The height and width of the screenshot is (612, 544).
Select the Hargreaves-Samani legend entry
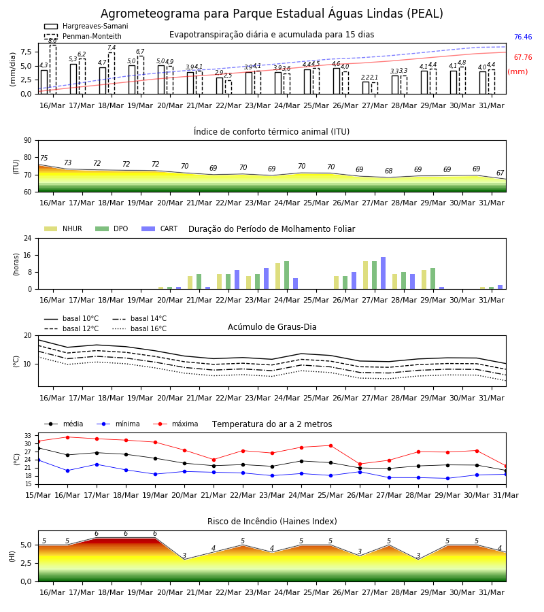[86, 26]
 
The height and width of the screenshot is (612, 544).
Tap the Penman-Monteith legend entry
[83, 36]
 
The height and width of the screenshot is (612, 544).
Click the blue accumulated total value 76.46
[523, 37]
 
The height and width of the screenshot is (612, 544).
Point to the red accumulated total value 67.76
[523, 57]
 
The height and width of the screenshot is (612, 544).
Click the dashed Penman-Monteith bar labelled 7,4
[112, 73]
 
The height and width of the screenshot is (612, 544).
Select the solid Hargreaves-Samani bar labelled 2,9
[220, 86]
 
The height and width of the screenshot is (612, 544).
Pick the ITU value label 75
[44, 158]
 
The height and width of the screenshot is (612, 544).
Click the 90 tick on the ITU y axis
[28, 141]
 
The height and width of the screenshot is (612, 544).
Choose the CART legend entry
[160, 228]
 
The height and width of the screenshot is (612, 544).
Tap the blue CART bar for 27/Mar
[384, 273]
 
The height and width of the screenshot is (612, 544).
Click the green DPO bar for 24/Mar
[286, 275]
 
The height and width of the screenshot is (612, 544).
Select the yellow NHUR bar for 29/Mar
[424, 279]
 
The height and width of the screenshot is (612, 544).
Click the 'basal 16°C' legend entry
[139, 328]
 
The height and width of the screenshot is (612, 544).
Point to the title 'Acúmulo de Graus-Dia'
[272, 327]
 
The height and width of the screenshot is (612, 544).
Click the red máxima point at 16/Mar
[67, 437]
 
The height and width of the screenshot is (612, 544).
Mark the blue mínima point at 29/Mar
[447, 479]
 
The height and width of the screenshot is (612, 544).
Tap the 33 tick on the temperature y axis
[28, 436]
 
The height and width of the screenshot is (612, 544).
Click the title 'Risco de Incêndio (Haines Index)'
[272, 522]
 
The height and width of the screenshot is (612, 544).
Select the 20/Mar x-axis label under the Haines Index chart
[170, 592]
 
